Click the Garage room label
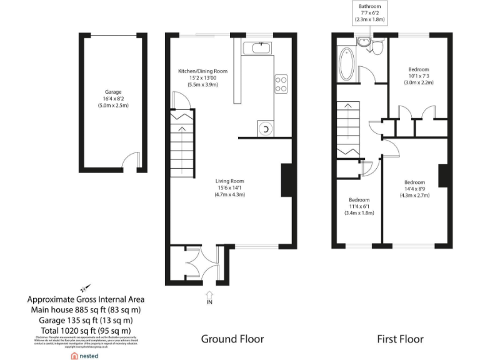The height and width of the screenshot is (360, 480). coord(113,92)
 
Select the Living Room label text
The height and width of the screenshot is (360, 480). coord(230,181)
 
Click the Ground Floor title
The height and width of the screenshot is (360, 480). coord(232,339)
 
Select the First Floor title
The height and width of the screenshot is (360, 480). coord(400,339)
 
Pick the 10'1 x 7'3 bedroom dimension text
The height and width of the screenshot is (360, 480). coord(418,76)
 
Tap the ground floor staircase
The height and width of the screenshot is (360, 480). coord(181,147)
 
